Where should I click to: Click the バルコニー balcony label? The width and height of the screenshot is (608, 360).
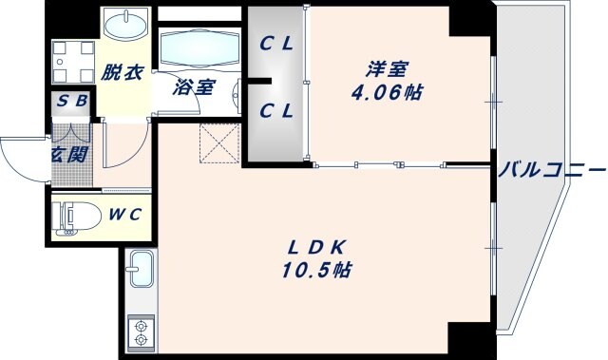[x=550, y=172]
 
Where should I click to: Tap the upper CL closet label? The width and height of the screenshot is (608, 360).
[x=276, y=43]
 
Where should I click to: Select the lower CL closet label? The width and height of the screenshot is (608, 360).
[x=276, y=110]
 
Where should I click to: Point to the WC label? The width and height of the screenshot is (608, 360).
[x=123, y=214]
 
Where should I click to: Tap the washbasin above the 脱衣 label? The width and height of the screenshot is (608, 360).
[x=122, y=24]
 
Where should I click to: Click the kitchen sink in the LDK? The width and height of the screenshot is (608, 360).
[x=141, y=271]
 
